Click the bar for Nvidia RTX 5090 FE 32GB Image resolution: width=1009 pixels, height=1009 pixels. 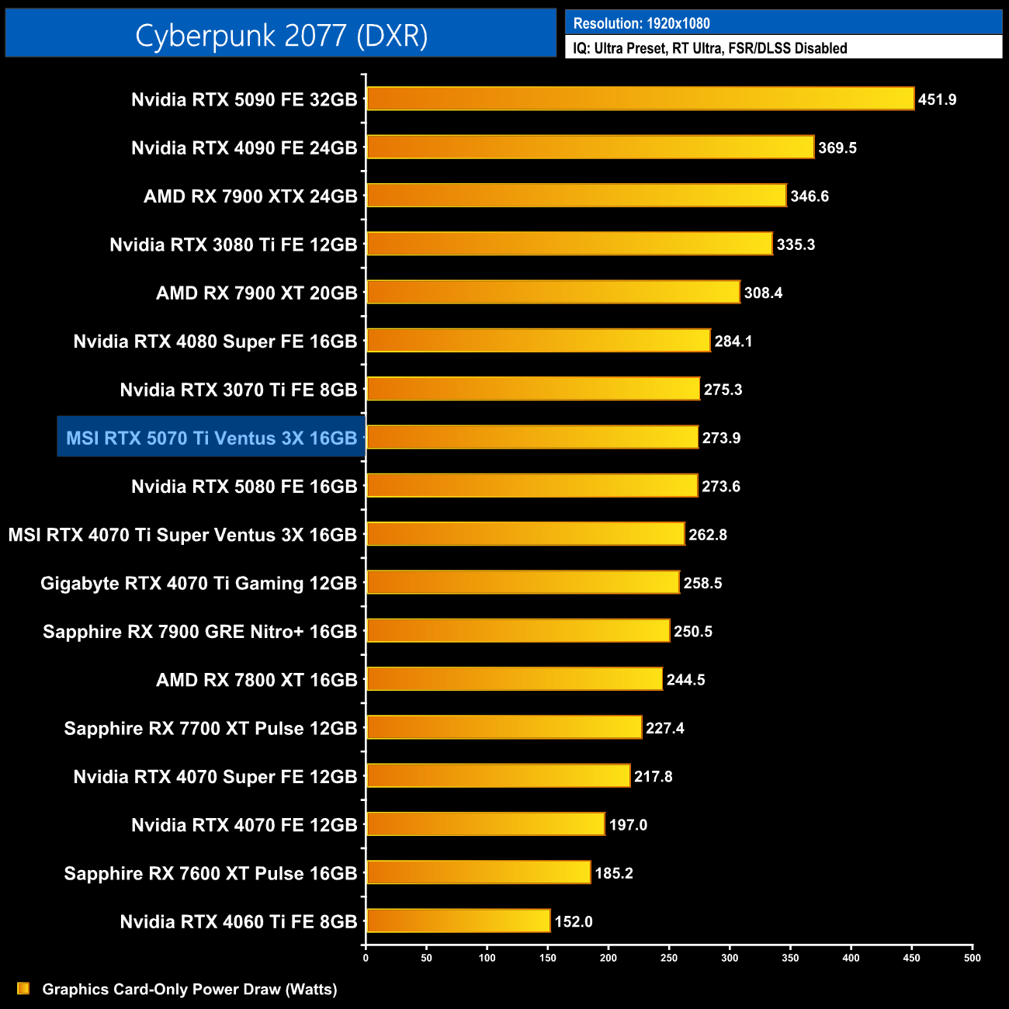(640, 99)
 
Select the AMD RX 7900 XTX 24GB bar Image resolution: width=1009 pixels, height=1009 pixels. (576, 196)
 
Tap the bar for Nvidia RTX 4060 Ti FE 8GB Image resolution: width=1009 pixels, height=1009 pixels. (458, 921)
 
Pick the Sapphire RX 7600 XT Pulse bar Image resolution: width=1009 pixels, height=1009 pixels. (478, 872)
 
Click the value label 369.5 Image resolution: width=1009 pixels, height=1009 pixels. (837, 147)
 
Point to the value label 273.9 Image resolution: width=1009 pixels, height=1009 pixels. (721, 438)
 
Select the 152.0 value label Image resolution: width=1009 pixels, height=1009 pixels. (573, 921)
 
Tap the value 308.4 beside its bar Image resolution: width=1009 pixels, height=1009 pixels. (763, 293)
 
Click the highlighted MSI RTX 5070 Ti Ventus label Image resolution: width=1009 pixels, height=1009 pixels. (211, 438)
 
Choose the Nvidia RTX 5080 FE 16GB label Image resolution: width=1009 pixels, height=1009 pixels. (244, 487)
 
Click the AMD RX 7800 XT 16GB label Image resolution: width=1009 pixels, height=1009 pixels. (256, 680)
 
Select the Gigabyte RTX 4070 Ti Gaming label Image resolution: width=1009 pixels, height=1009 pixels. (199, 583)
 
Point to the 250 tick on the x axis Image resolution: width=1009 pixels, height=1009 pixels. (669, 958)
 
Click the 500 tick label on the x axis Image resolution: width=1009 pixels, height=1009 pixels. (972, 958)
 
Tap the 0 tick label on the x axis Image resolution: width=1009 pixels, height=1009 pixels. (366, 958)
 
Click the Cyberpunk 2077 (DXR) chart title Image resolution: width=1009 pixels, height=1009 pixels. (281, 35)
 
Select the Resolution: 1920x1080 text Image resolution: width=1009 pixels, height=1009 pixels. (641, 23)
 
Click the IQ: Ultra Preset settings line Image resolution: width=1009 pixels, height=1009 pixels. (709, 48)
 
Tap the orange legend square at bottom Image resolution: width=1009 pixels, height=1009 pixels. (23, 988)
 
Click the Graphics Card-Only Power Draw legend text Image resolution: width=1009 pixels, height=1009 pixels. (189, 989)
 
